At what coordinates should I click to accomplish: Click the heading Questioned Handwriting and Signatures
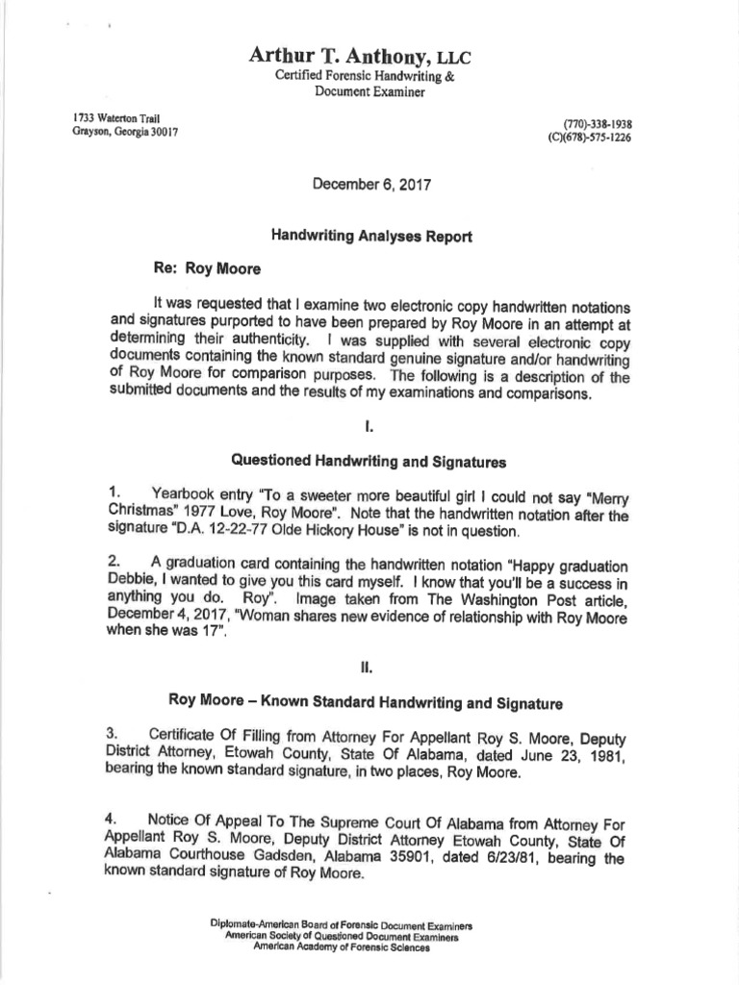358,462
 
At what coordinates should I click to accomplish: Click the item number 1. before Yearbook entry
115,492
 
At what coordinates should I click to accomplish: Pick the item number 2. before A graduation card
115,559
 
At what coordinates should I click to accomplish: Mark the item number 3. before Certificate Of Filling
115,734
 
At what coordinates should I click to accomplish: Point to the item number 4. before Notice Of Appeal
115,818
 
